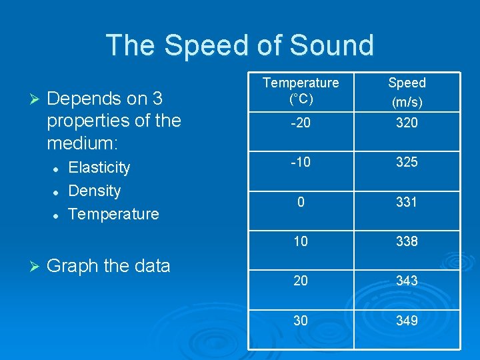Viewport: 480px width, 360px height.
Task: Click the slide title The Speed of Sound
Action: (240, 45)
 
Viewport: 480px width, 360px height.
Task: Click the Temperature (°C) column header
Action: (301, 91)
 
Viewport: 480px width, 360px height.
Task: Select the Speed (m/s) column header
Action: (407, 91)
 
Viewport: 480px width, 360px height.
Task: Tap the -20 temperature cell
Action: (301, 123)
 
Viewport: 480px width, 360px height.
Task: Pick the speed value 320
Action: (407, 123)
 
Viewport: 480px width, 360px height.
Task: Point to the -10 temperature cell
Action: (301, 162)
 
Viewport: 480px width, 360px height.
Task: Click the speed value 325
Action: (407, 162)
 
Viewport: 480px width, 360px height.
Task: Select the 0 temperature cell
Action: (301, 202)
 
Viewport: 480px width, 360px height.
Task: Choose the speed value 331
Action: (407, 202)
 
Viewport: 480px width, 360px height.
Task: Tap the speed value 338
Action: (407, 241)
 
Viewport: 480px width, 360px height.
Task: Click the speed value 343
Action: (407, 281)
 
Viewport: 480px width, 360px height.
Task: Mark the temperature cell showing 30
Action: (301, 321)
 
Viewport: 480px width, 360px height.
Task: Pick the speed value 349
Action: (407, 321)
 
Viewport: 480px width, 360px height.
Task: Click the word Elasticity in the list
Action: (99, 167)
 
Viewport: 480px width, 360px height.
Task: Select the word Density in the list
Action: (95, 191)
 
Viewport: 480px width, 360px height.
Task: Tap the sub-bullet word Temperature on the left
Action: (114, 214)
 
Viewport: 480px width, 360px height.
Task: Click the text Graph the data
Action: (109, 265)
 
